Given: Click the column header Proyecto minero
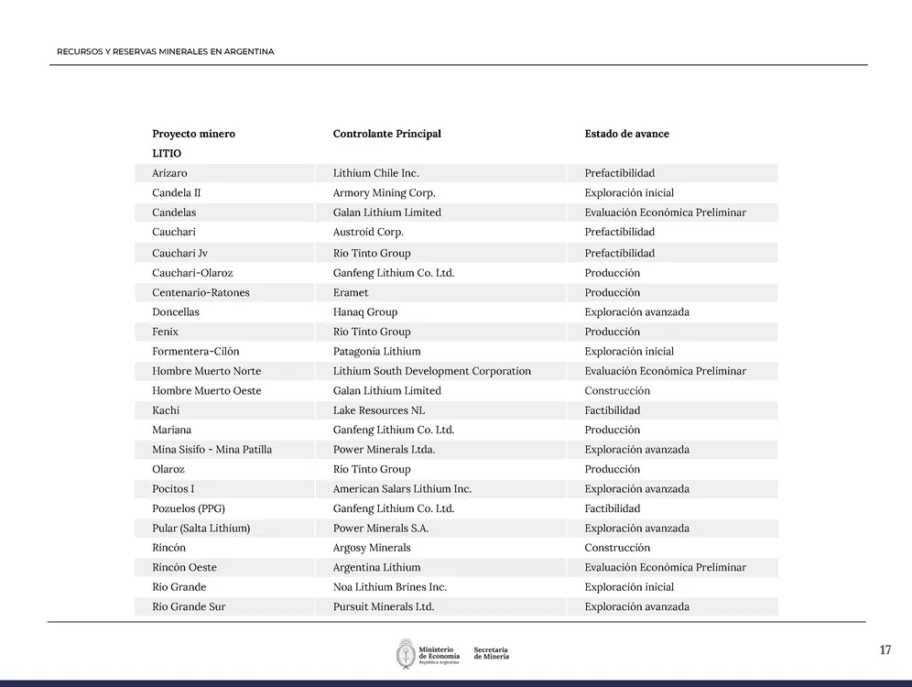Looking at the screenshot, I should [x=193, y=134].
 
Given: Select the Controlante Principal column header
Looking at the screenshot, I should [x=386, y=134].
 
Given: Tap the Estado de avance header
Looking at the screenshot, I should [x=626, y=134].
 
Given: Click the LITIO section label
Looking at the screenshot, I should [x=167, y=154].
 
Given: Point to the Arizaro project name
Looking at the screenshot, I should [x=169, y=173].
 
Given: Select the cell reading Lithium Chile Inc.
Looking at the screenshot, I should [x=375, y=173].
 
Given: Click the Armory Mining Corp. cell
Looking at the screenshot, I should [x=384, y=193].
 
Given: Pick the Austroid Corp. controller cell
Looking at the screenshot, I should [x=368, y=233].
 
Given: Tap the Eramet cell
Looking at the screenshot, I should [x=351, y=293].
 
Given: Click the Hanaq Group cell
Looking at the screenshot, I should [x=365, y=312].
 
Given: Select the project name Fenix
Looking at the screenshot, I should [x=165, y=332].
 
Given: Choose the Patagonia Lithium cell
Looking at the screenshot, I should [x=376, y=352].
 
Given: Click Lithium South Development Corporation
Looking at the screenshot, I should [x=431, y=371].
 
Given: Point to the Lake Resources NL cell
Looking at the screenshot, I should [x=378, y=410].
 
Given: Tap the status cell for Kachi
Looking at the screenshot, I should [x=612, y=410].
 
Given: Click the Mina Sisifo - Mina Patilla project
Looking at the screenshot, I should [x=212, y=450].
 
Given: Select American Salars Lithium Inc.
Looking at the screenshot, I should [x=402, y=489].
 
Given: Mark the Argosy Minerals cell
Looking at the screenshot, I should [x=372, y=548].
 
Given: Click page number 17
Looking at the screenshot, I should [x=885, y=650].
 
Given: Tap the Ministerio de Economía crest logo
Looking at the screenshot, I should [x=406, y=653].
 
